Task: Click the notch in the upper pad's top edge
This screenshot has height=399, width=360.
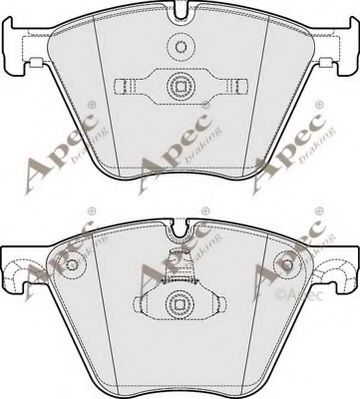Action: click(x=181, y=13)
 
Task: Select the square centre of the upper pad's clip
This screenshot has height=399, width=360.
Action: click(x=181, y=85)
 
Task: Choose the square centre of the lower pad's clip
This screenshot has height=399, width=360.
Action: click(x=181, y=303)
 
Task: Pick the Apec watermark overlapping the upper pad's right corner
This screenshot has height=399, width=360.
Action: click(x=296, y=150)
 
